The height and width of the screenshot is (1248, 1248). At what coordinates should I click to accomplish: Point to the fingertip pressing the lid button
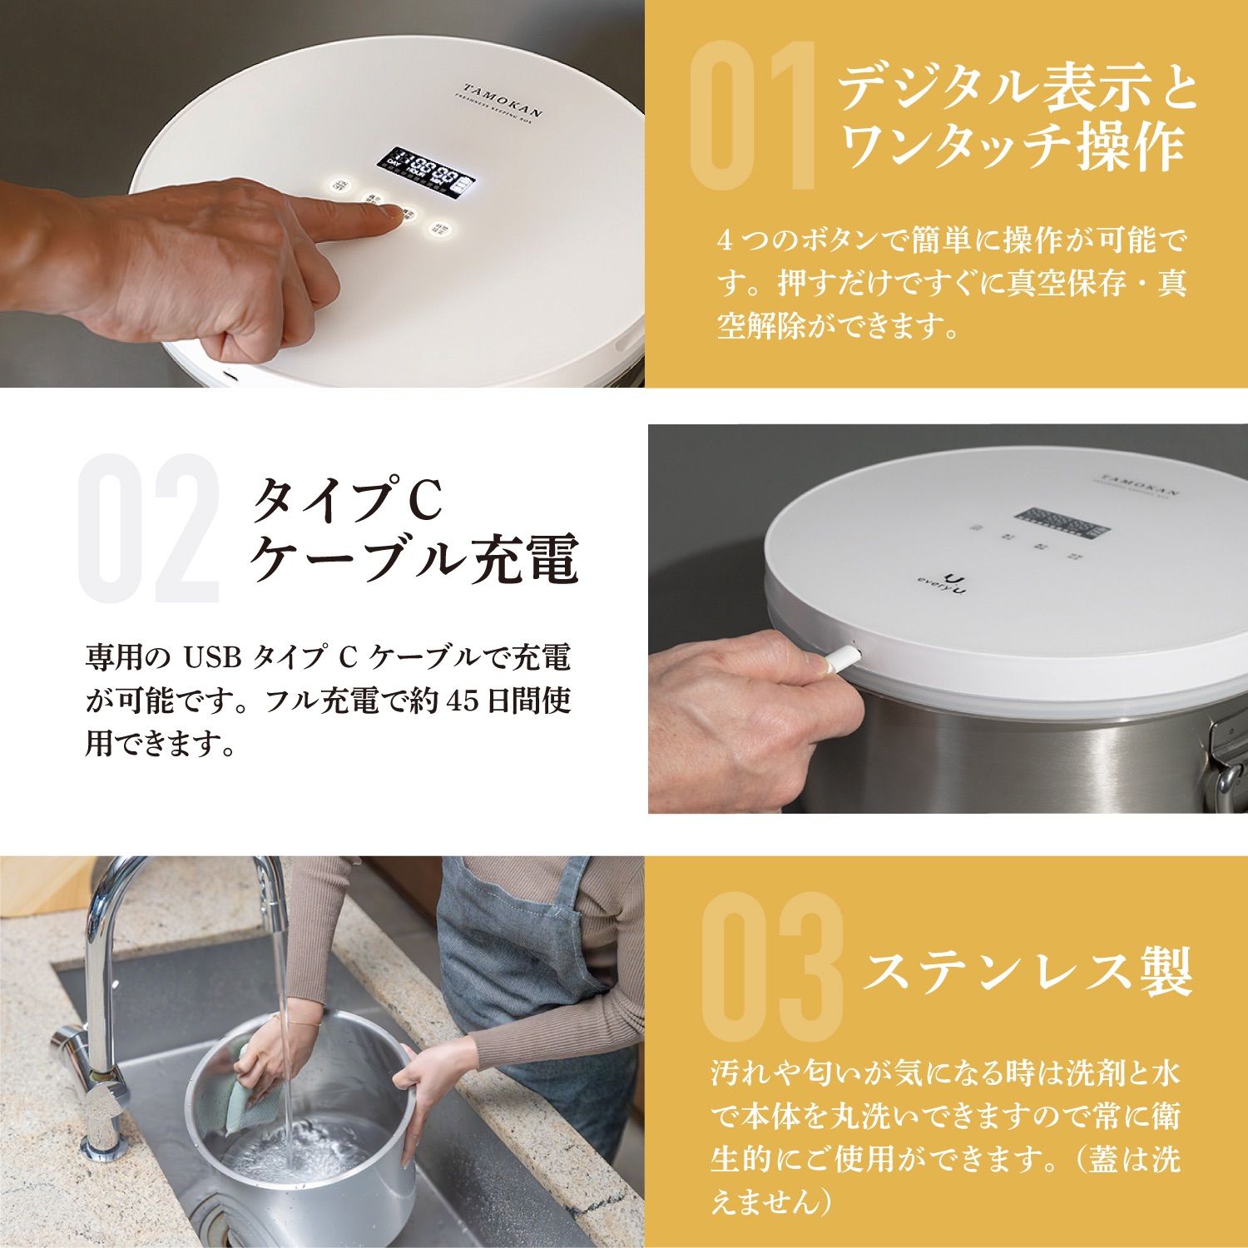click(391, 212)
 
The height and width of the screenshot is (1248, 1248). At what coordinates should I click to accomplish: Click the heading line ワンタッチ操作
click(1011, 147)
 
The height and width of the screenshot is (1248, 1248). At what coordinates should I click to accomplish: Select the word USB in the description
click(212, 658)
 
